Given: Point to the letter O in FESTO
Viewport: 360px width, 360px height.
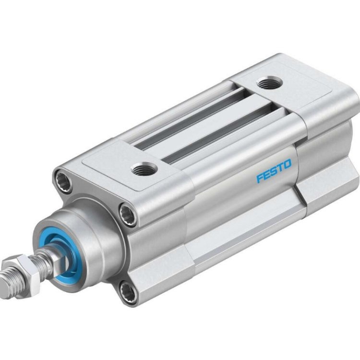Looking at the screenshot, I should [287, 166].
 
